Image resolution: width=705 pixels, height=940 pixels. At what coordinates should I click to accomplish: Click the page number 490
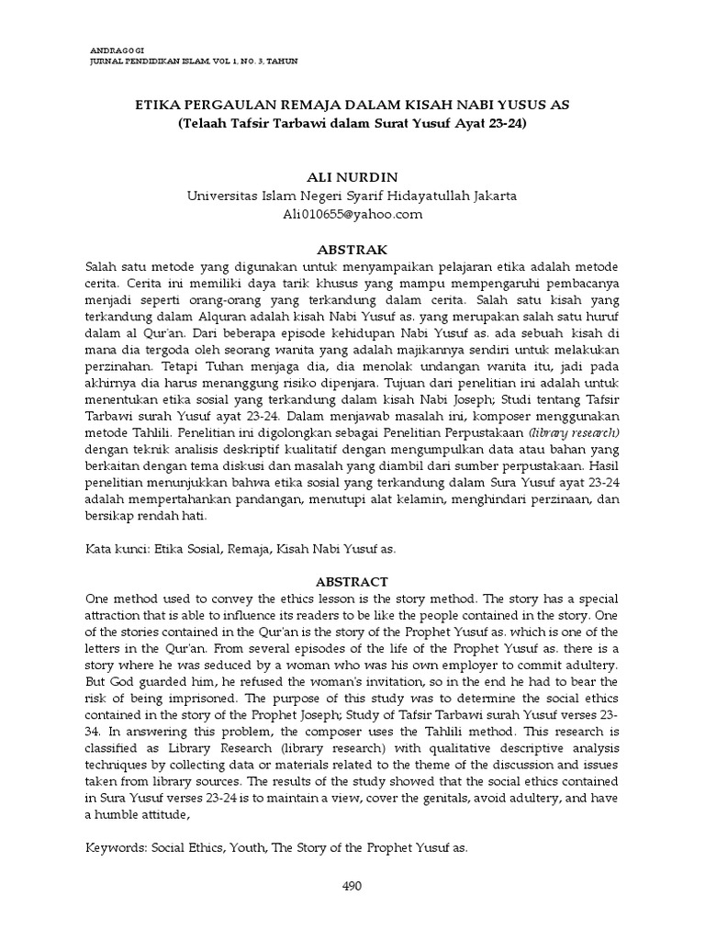[352, 886]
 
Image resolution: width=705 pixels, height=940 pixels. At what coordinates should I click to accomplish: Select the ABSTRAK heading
[352, 249]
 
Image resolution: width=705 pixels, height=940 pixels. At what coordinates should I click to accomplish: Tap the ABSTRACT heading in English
[352, 582]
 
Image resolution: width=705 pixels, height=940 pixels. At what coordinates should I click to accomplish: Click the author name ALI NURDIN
[352, 175]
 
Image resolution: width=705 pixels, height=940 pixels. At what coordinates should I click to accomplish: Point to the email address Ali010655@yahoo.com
[352, 214]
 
